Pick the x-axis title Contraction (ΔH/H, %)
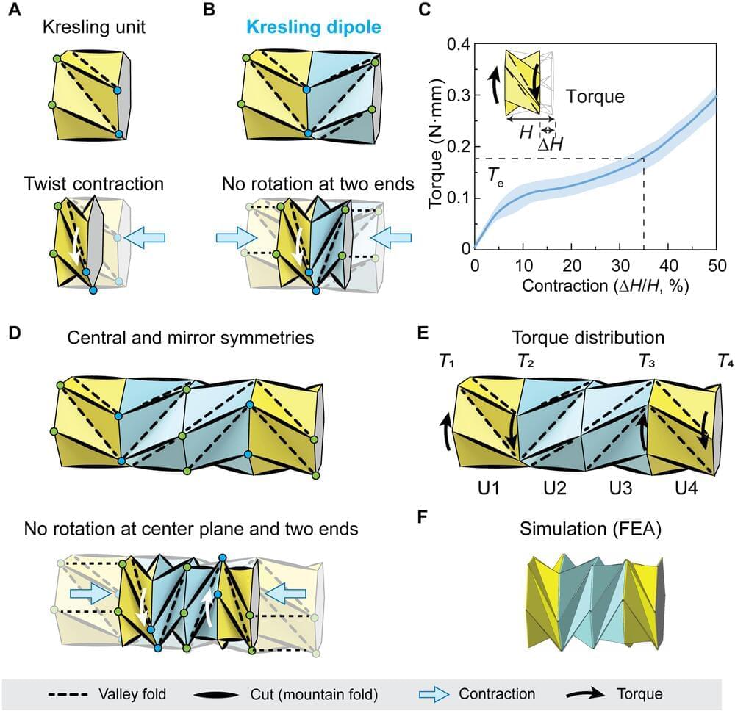[x=595, y=285]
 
